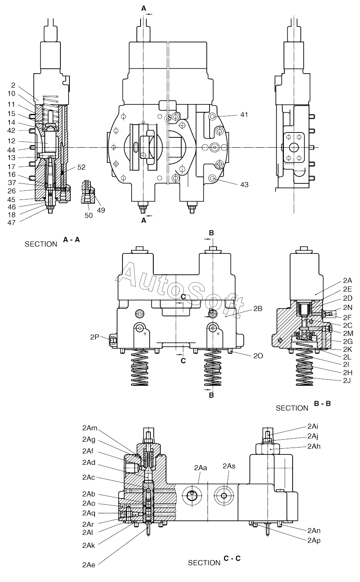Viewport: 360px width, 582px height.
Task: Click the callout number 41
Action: click(x=244, y=115)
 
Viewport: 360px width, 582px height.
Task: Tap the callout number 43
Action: click(x=245, y=185)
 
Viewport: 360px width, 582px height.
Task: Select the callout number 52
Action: click(x=81, y=167)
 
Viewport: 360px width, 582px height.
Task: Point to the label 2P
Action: click(x=95, y=337)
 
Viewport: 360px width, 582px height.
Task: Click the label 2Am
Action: click(x=90, y=428)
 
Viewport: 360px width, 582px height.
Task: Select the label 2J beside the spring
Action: click(x=347, y=381)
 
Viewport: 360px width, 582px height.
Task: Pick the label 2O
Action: click(x=258, y=356)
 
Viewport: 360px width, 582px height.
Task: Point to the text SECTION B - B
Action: click(x=303, y=406)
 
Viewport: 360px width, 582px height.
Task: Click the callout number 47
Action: click(x=12, y=223)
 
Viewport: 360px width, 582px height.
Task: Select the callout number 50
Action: click(x=89, y=216)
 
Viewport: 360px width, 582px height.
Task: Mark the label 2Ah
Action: click(x=314, y=446)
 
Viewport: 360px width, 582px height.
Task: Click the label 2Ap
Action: click(x=314, y=540)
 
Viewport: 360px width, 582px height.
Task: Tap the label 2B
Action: click(x=258, y=308)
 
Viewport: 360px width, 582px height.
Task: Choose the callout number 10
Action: click(x=12, y=93)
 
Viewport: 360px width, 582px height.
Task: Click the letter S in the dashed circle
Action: click(x=169, y=118)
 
